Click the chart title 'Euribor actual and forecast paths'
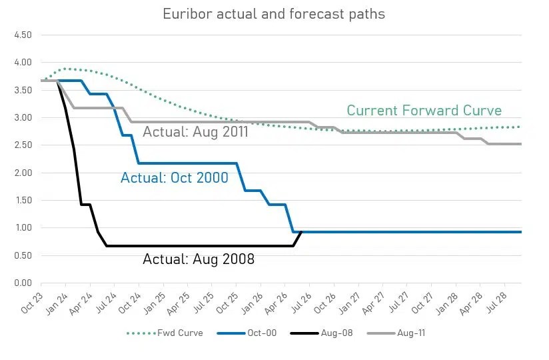274,14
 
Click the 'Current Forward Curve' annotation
424,111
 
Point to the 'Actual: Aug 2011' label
196,132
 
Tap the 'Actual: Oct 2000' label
175,178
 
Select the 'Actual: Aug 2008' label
199,259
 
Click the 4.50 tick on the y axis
22,35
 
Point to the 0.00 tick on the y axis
22,283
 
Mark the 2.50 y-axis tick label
22,145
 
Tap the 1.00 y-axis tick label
22,228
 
